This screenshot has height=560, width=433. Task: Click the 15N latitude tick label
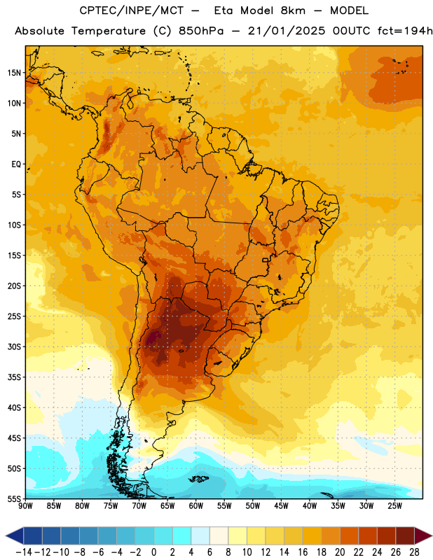14,73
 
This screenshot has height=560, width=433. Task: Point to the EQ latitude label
16,164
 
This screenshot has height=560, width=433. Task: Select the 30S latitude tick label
14,346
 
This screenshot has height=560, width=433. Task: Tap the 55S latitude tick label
14,498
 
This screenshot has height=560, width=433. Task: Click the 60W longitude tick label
196,505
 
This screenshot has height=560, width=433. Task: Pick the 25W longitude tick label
394,505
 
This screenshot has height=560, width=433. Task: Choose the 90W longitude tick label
25,505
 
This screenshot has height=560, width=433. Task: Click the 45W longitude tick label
281,505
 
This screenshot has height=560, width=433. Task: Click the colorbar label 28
414,552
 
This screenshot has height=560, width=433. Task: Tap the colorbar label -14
24,552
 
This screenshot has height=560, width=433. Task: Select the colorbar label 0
153,552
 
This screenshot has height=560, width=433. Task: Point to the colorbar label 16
303,552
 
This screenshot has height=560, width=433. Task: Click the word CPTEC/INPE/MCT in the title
132,10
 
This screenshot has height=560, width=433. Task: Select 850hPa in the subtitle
201,31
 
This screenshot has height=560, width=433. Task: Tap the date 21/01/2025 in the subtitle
287,31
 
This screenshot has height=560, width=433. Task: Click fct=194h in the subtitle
404,31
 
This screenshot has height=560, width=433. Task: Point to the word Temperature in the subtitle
109,31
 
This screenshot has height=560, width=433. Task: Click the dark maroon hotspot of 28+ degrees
153,337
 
